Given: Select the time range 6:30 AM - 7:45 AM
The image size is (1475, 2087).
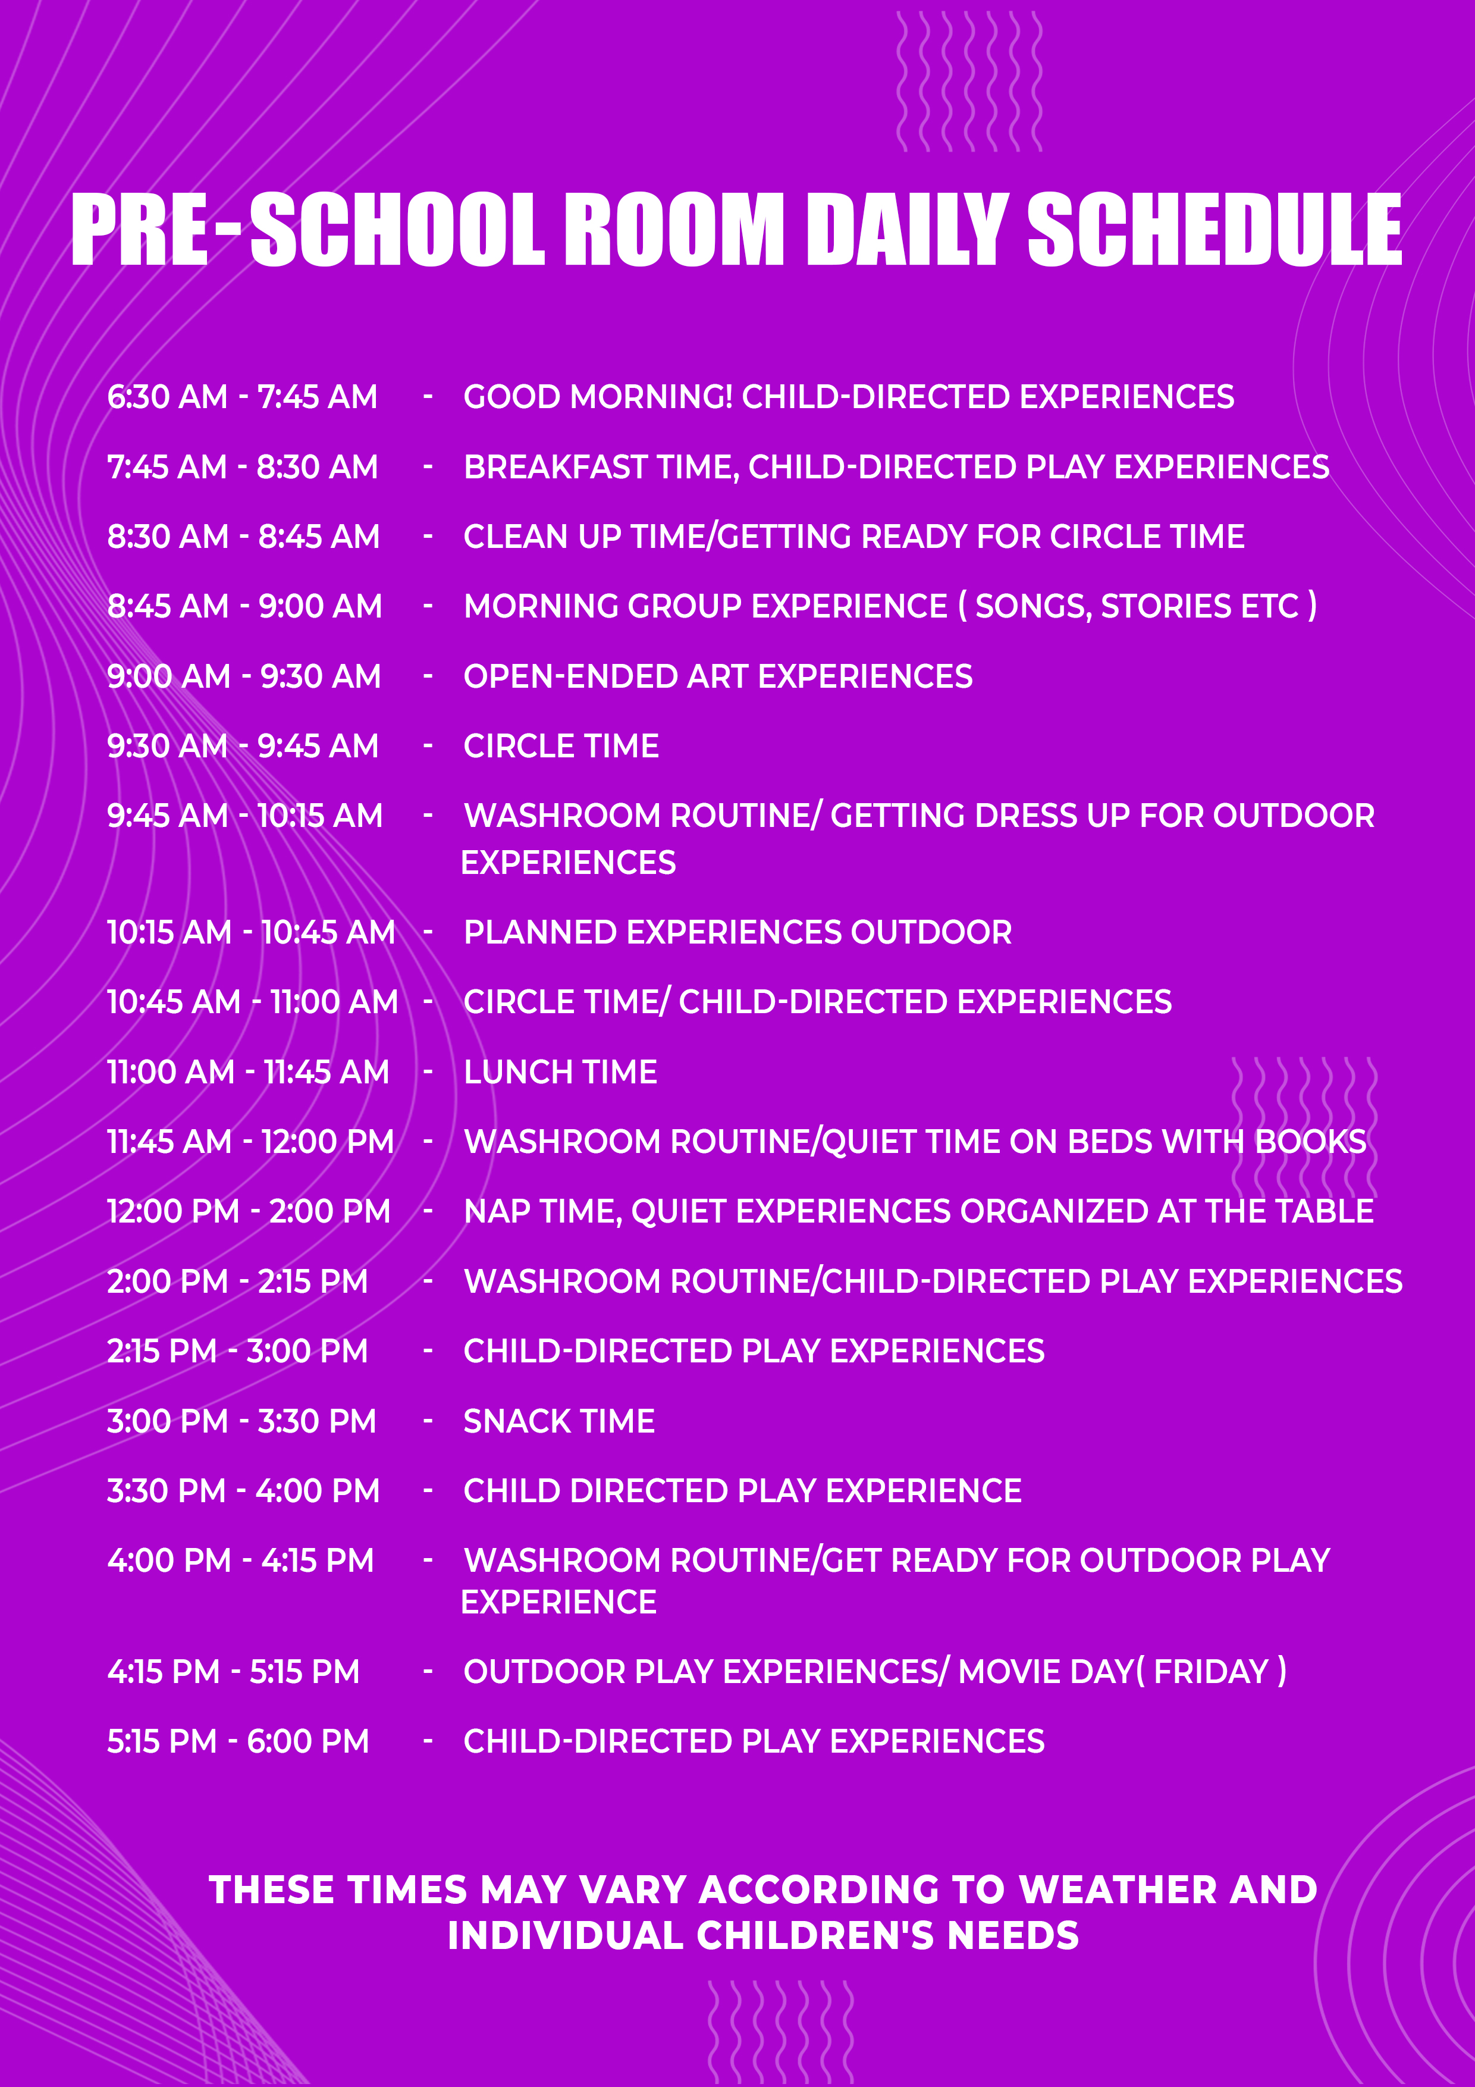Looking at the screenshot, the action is pyautogui.click(x=241, y=397).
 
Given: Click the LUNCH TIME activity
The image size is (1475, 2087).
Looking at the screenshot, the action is pyautogui.click(x=560, y=1073).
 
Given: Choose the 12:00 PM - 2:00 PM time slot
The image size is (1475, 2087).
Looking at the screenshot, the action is pyautogui.click(x=248, y=1212).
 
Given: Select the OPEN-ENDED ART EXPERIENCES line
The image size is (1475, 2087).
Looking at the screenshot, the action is pyautogui.click(x=718, y=676).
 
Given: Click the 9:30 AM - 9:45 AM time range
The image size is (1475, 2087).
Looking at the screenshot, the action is pyautogui.click(x=243, y=746).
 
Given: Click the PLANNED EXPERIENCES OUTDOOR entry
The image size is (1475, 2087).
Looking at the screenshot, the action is pyautogui.click(x=737, y=933).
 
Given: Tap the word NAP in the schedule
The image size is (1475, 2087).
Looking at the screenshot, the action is pyautogui.click(x=496, y=1212).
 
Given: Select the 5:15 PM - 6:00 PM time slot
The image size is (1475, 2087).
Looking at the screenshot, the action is pyautogui.click(x=238, y=1741).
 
